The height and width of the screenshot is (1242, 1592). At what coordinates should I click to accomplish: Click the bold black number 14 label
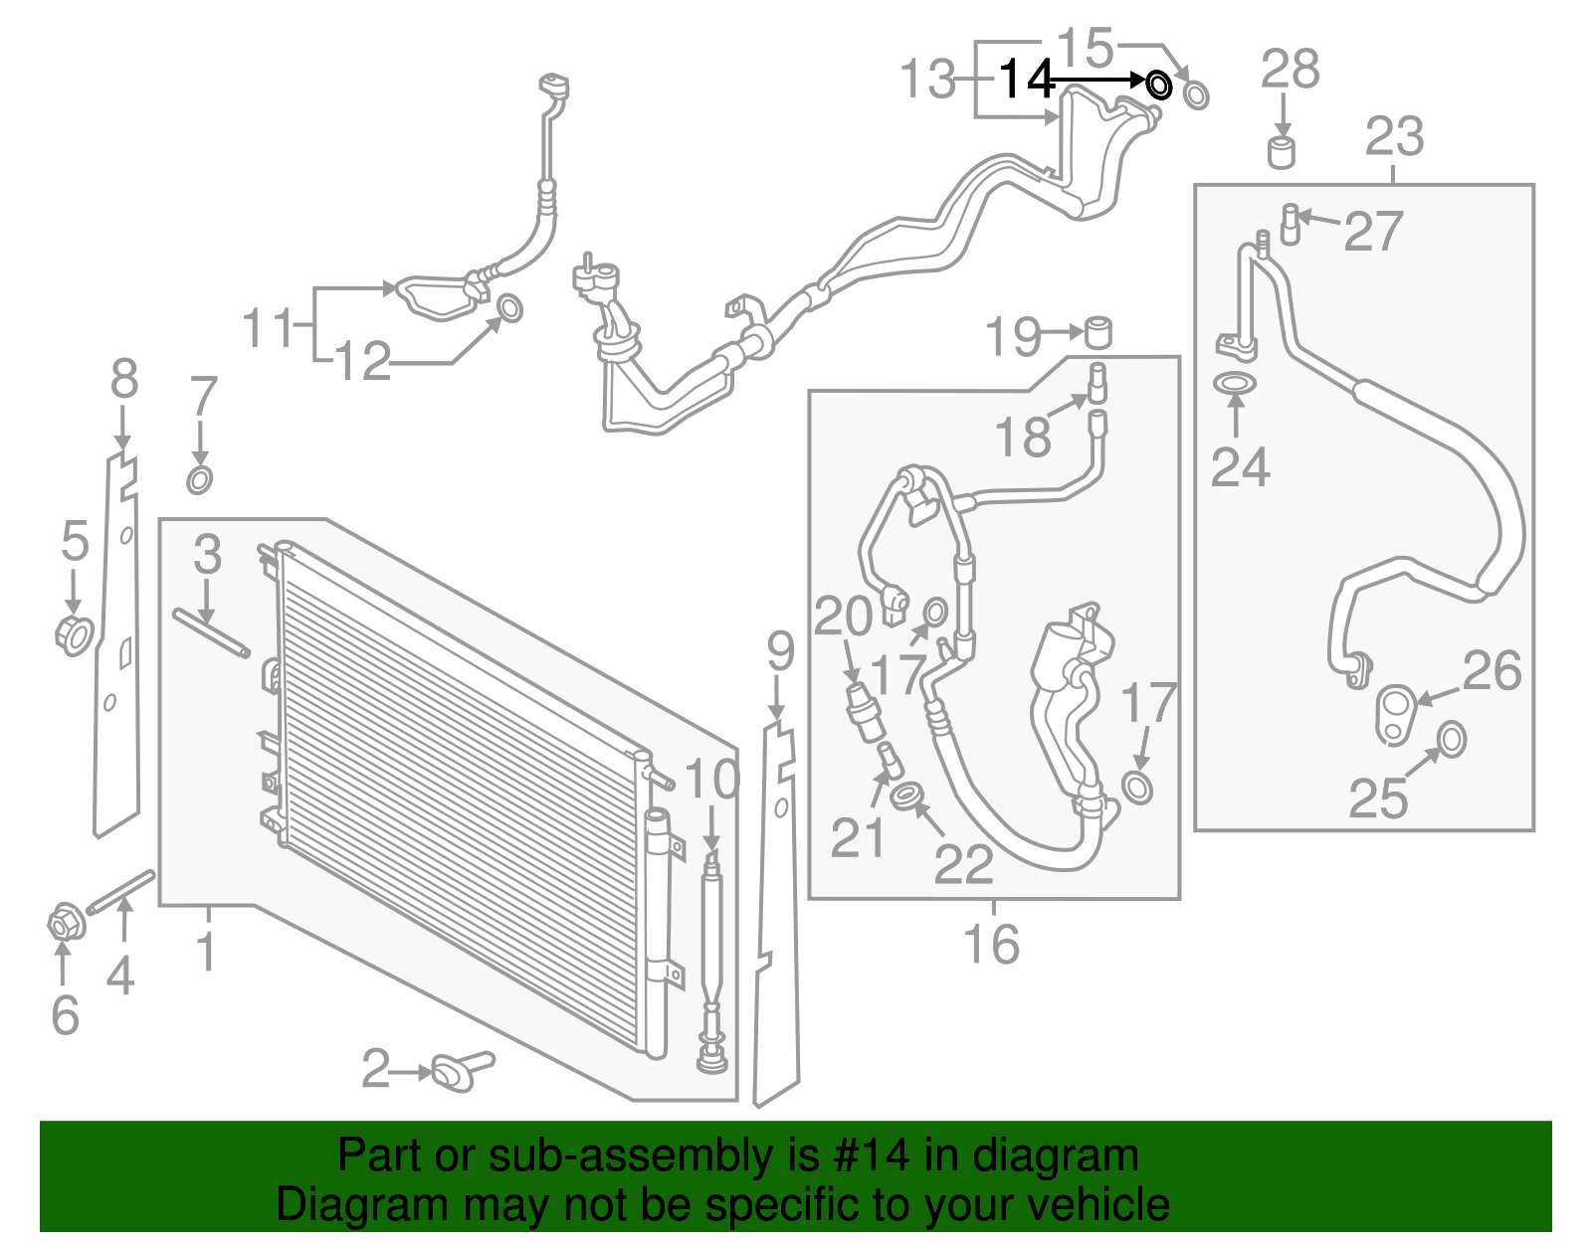(1026, 80)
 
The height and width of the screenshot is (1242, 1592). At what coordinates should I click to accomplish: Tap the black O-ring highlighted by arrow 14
(1159, 86)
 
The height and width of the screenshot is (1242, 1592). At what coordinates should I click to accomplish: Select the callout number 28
(1290, 70)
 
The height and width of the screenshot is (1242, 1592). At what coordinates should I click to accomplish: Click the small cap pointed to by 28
(1282, 153)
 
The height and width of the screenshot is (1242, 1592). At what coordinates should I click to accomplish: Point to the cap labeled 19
(1097, 331)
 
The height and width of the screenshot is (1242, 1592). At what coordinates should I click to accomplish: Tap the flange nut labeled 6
(64, 925)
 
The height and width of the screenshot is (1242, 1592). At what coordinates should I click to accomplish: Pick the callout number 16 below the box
(991, 944)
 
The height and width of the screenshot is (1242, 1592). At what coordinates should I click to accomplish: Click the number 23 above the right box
(1394, 137)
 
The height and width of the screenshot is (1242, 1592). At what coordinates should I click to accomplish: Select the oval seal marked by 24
(1235, 383)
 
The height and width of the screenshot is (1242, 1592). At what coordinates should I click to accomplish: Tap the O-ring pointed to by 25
(1452, 739)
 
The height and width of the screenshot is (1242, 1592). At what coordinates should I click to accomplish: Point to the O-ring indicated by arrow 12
(508, 309)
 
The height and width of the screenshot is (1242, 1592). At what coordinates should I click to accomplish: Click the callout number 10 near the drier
(712, 780)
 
